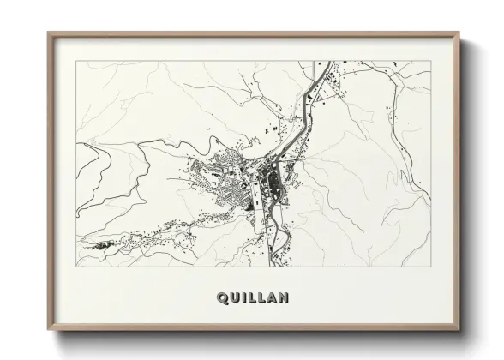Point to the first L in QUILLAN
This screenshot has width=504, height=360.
coord(252,298)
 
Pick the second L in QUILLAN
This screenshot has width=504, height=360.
coord(261,298)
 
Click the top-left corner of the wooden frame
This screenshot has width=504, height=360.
coord(48,33)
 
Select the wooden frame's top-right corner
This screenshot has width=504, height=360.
coord(461,33)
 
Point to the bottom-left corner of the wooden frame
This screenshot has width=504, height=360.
coord(48,335)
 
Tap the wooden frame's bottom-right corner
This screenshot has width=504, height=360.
coord(461,335)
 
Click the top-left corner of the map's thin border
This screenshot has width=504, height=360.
coord(76,61)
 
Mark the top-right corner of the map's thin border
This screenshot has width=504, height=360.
coord(431,61)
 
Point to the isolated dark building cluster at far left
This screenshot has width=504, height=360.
coord(104,244)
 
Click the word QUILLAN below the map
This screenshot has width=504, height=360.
coord(254,298)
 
